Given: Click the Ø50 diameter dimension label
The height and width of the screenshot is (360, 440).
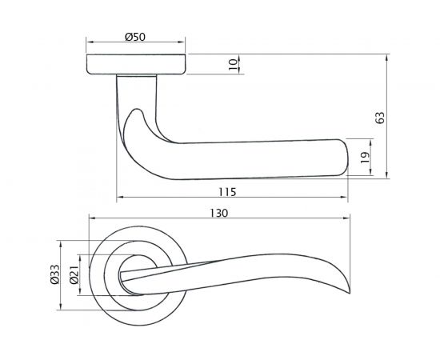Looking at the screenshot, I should [x=135, y=36].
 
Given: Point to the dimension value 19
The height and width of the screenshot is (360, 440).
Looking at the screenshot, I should [x=364, y=158].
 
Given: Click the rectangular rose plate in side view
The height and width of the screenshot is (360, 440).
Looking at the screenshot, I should [x=136, y=66].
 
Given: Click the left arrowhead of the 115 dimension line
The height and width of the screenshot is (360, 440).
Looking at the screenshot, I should [x=119, y=197].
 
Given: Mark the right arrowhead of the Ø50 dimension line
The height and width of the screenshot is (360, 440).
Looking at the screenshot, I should [x=183, y=42].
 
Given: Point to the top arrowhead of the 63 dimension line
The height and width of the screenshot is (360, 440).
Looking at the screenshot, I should [x=387, y=58].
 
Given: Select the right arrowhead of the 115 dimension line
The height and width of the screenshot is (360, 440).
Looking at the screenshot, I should [x=346, y=197].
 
